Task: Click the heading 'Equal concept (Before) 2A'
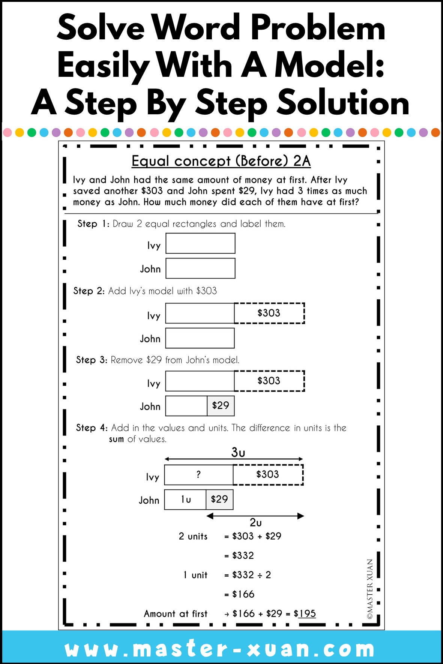coord(221,161)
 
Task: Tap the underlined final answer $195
coord(307,613)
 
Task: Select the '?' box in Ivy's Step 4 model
coord(198,474)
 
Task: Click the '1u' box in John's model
coord(186,499)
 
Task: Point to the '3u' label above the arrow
coord(238,452)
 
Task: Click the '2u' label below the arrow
coord(255,522)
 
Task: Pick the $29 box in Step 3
coord(221,406)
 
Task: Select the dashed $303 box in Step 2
coord(269,313)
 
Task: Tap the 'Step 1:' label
coord(93,224)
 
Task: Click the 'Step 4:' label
coord(92,428)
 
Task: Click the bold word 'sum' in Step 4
coord(116,439)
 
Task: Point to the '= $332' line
coord(239,555)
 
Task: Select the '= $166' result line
coord(239,594)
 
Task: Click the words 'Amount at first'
coord(176,614)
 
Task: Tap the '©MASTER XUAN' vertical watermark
coord(370,589)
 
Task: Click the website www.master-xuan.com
coord(220,649)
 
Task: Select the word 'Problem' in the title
coord(318,28)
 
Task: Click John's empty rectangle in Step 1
coord(200,268)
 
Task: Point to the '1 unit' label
coord(195,575)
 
